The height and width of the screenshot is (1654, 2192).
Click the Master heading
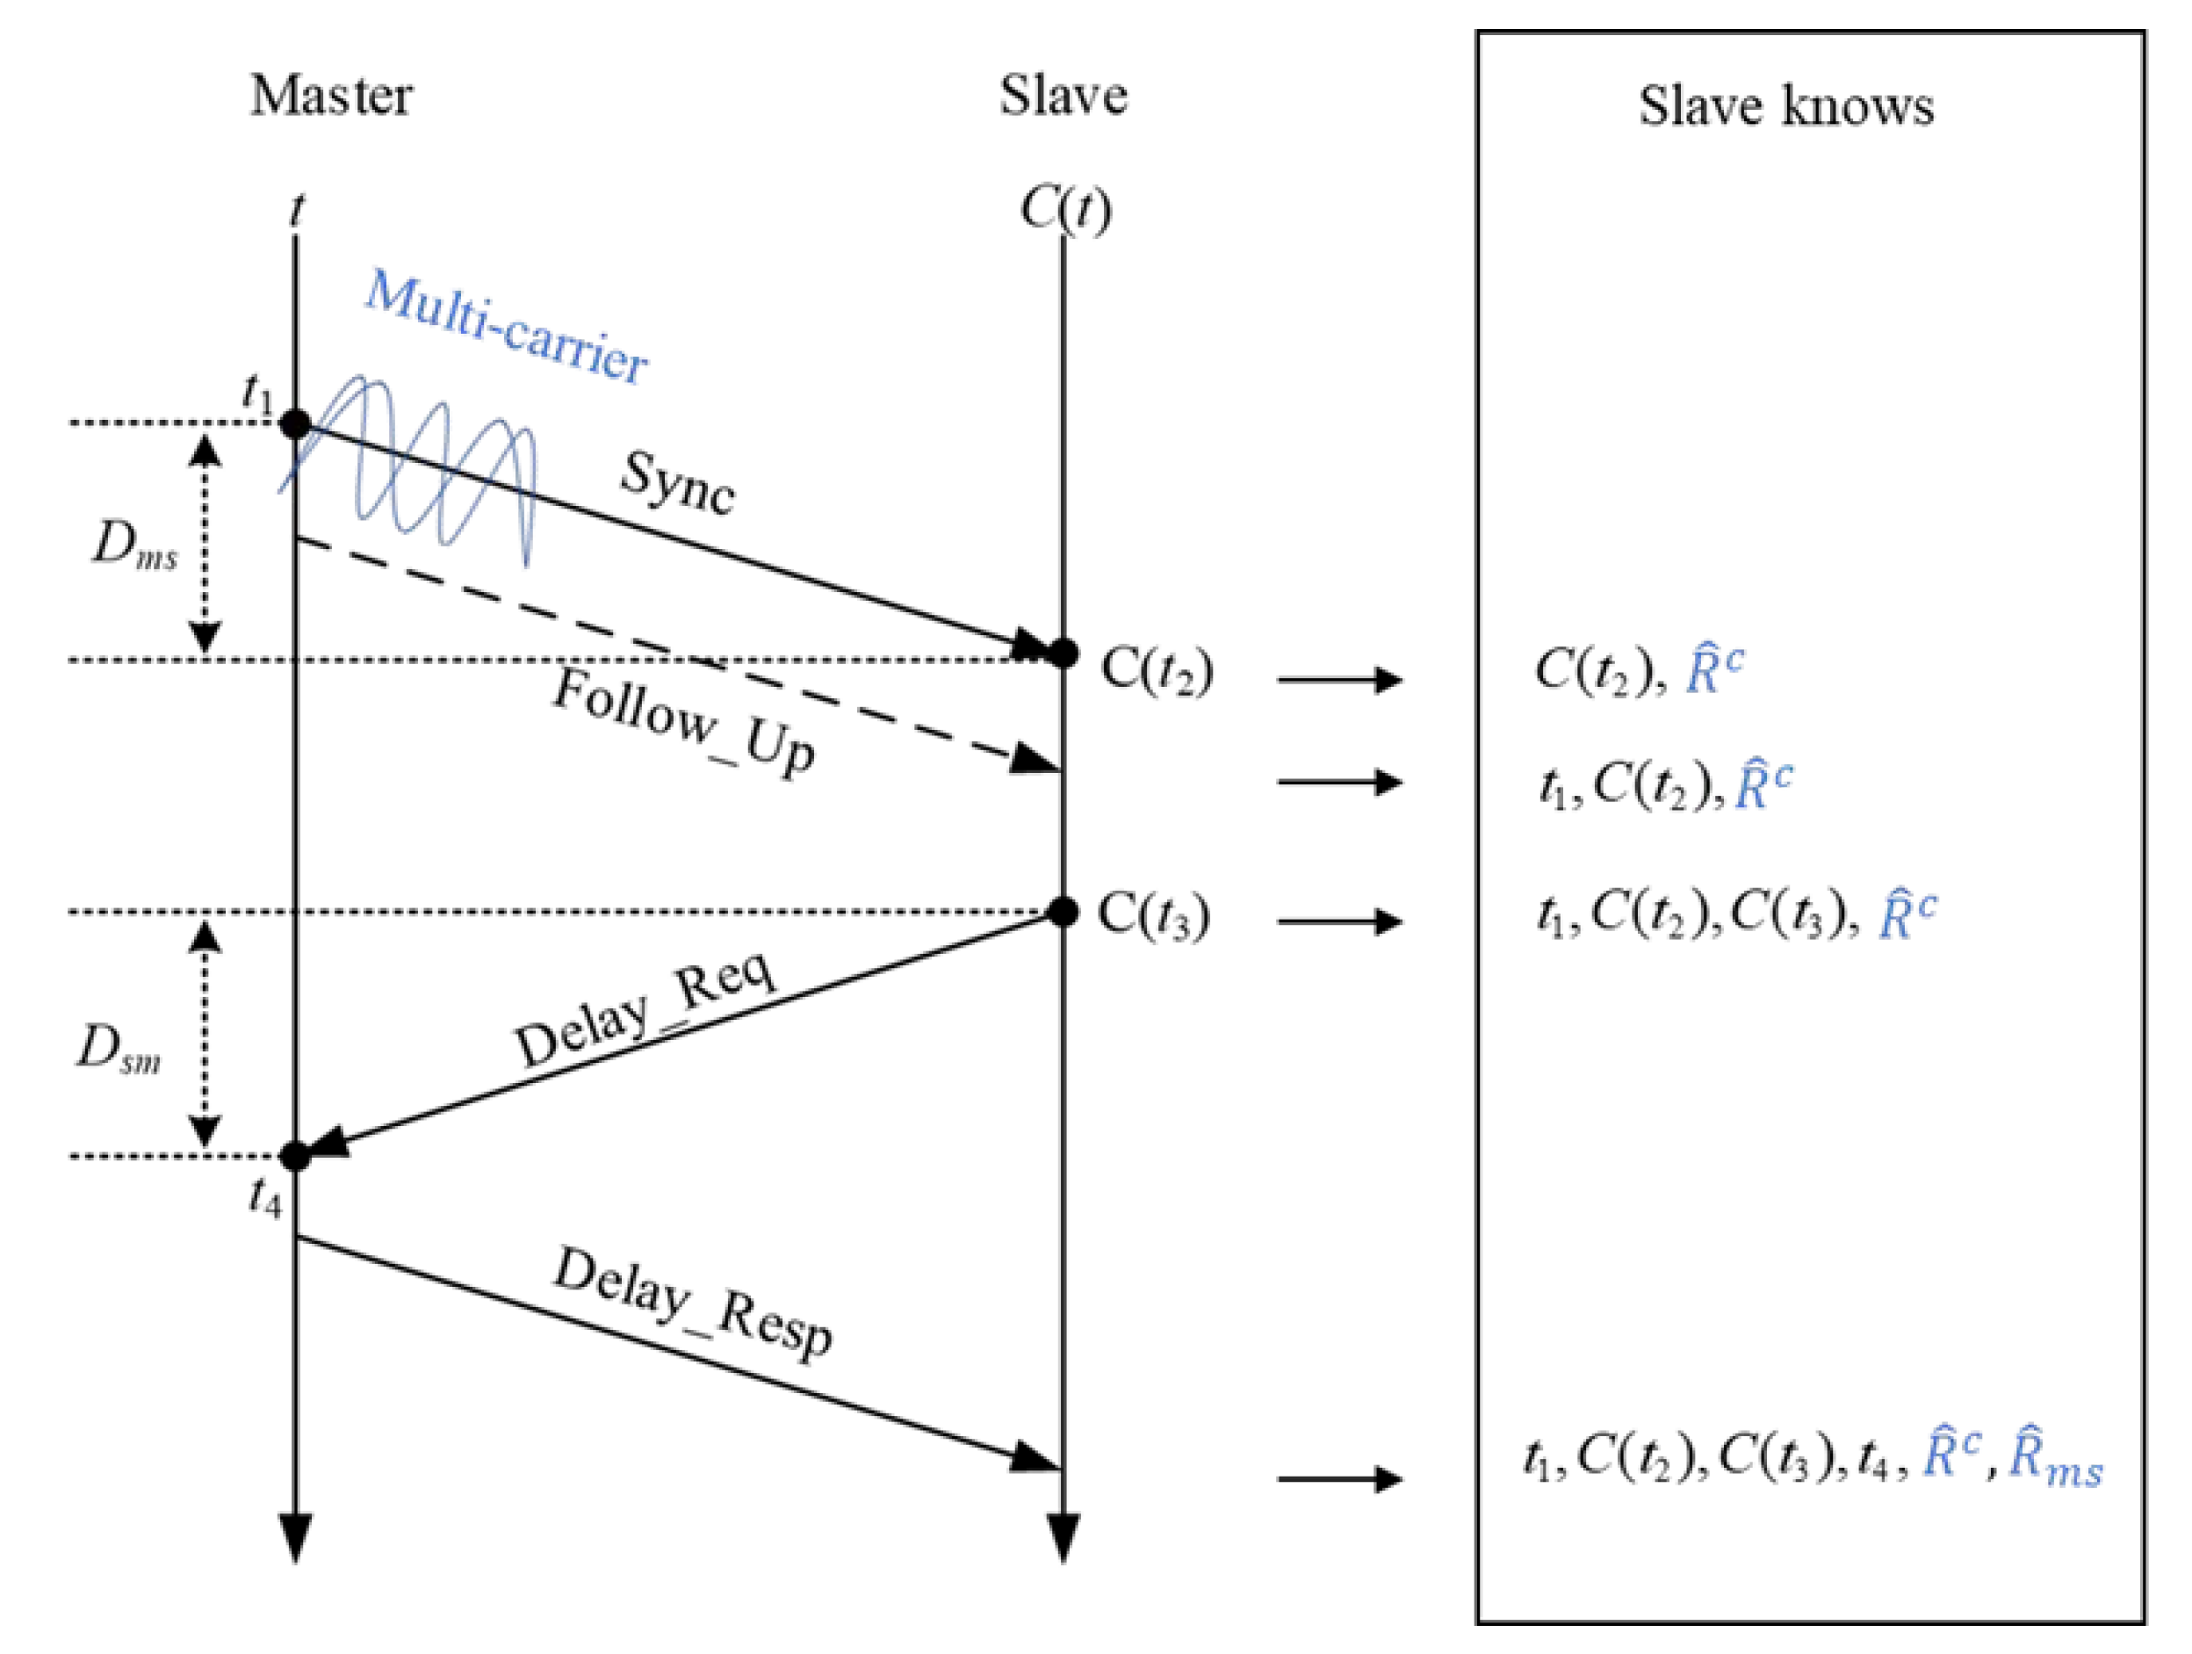[x=331, y=96]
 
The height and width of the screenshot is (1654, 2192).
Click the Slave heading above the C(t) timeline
[x=1063, y=96]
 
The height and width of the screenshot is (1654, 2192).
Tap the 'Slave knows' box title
[x=1785, y=106]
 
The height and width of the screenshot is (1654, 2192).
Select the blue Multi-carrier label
[x=508, y=327]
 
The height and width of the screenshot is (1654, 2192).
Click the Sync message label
[x=679, y=482]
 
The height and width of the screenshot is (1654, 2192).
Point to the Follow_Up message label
[x=684, y=720]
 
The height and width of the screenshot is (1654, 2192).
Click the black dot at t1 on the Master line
[x=295, y=424]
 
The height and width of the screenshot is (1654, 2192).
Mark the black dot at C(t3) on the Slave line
[x=1064, y=912]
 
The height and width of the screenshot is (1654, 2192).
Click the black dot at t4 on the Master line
[x=295, y=1156]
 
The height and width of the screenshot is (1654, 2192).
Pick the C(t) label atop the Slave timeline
[x=1065, y=210]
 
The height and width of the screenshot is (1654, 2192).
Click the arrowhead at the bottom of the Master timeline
[x=295, y=1537]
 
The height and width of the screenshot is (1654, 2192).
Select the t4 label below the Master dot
[x=264, y=1198]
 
